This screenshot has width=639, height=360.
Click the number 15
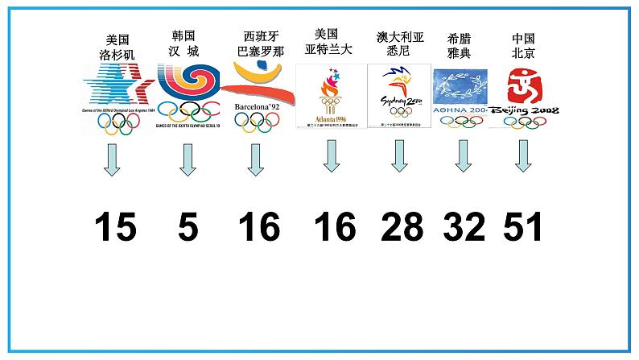114,228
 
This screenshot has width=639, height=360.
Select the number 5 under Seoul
188,228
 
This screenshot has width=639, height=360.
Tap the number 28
402,228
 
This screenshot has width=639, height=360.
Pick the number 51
523,228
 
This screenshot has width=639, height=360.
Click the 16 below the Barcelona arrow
259,228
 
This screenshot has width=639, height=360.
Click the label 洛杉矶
117,54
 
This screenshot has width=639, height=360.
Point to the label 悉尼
398,51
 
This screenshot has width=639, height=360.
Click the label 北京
523,53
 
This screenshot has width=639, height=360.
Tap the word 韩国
183,36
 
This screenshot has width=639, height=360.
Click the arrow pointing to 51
523,156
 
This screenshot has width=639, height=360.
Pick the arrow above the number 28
399,156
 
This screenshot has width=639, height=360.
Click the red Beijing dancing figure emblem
524,86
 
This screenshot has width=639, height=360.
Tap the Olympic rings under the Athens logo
460,122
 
